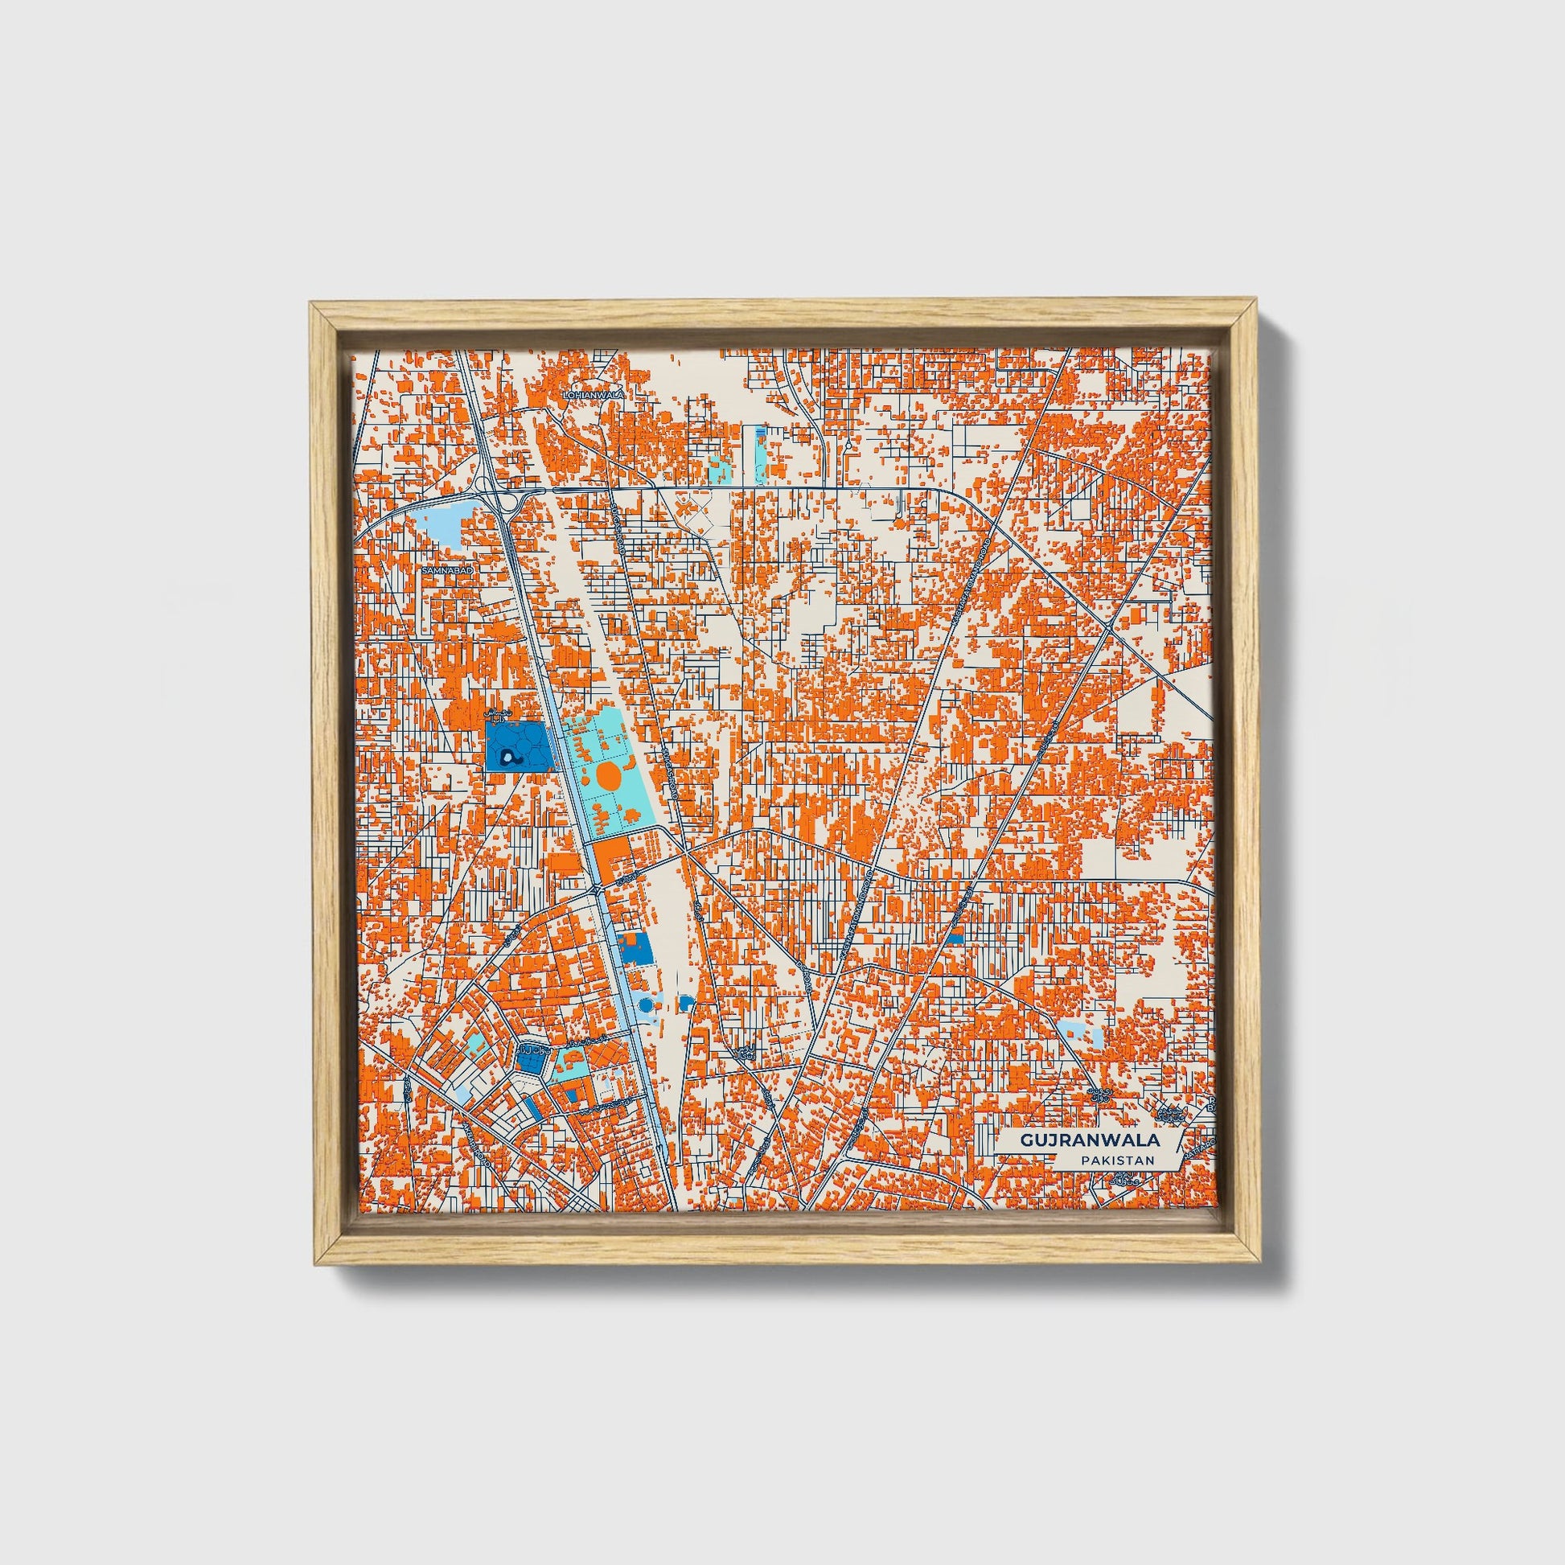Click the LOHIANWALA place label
click(x=595, y=394)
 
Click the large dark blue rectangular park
click(x=520, y=747)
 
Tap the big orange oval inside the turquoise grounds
click(x=609, y=778)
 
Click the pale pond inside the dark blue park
click(x=508, y=758)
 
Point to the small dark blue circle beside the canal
click(x=645, y=1004)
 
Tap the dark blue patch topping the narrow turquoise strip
click(x=760, y=434)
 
